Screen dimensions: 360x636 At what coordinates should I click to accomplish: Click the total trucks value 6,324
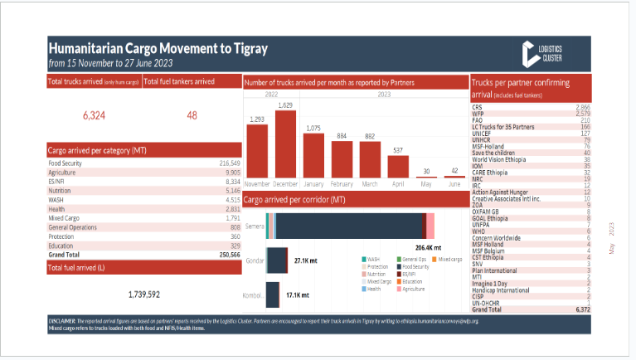pos(94,115)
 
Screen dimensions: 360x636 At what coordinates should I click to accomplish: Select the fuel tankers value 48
pos(192,115)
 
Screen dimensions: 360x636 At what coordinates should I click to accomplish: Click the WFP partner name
pos(478,114)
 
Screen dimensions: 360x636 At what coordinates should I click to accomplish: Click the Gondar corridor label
pos(254,260)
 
